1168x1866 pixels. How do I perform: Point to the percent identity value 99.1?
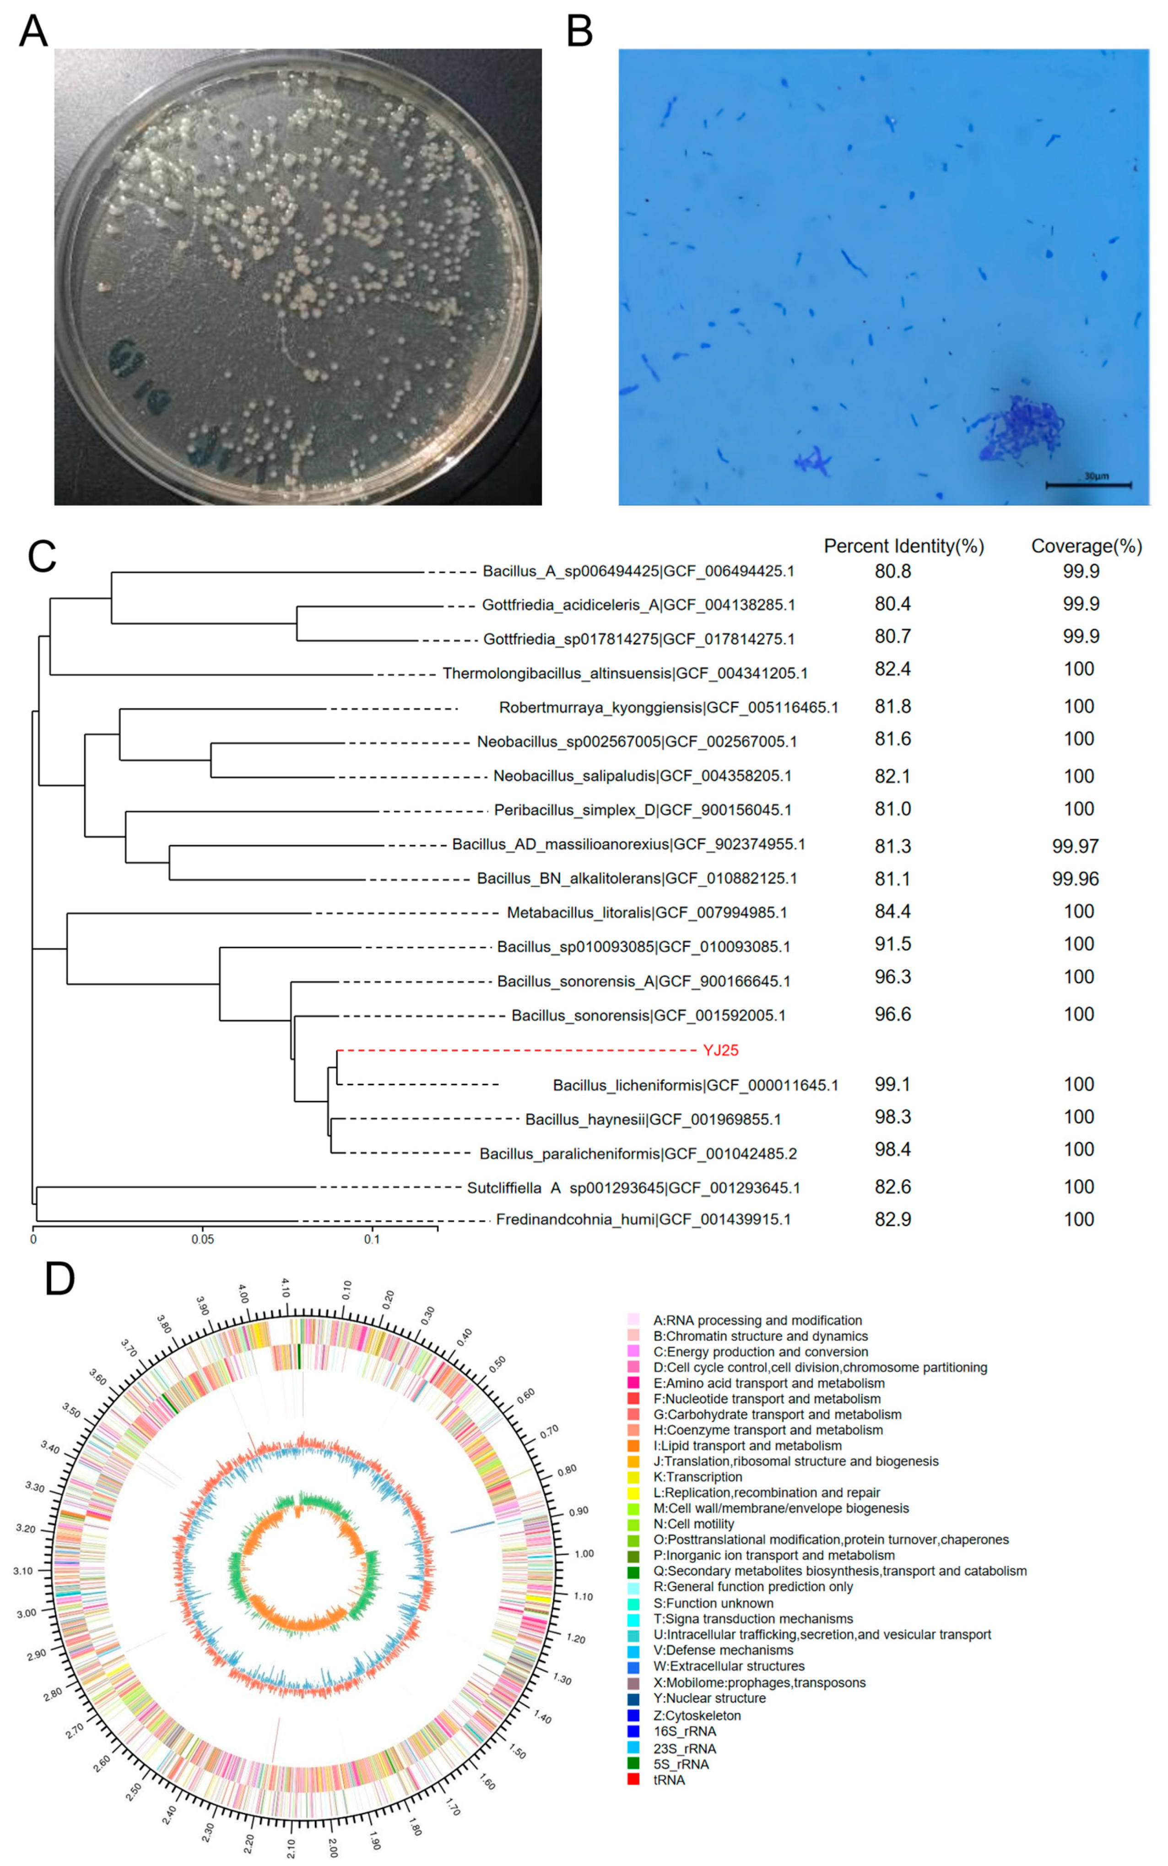tap(892, 1084)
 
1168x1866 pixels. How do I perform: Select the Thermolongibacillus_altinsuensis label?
tap(624, 674)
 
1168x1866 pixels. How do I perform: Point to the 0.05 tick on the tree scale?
tap(202, 1239)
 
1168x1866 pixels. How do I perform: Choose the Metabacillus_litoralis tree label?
tap(647, 913)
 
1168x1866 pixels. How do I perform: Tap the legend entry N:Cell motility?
tap(693, 1524)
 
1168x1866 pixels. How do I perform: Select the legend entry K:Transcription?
tap(697, 1477)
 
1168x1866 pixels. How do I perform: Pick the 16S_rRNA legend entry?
tap(684, 1731)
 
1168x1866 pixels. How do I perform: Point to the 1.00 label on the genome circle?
tap(583, 1553)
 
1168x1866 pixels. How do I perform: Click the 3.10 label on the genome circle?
tap(23, 1570)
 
